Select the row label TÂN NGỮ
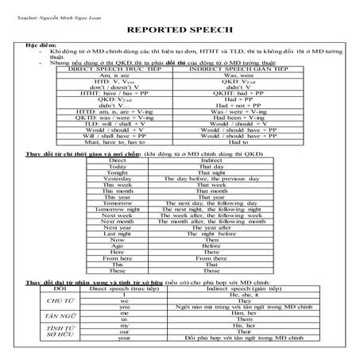[x=49, y=317]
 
